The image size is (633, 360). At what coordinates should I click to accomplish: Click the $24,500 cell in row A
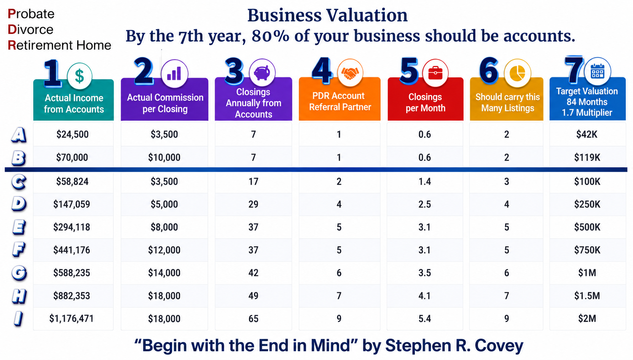pyautogui.click(x=72, y=134)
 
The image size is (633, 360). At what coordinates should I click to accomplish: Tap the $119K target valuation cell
pyautogui.click(x=587, y=158)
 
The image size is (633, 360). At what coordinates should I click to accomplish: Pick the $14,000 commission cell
pyautogui.click(x=164, y=273)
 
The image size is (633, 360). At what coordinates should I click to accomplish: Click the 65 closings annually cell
pyautogui.click(x=253, y=319)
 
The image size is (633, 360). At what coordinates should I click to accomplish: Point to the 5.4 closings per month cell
pyautogui.click(x=424, y=319)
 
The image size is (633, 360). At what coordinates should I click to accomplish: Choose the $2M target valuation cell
pyautogui.click(x=587, y=319)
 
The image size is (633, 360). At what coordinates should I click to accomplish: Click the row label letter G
pyautogui.click(x=19, y=273)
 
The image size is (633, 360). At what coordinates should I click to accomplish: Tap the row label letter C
pyautogui.click(x=19, y=182)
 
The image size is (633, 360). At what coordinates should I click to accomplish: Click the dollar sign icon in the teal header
pyautogui.click(x=80, y=76)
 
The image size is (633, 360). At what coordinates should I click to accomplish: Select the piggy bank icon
pyautogui.click(x=262, y=72)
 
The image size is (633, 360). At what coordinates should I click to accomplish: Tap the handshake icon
pyautogui.click(x=350, y=73)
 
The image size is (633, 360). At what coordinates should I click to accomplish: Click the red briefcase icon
pyautogui.click(x=435, y=73)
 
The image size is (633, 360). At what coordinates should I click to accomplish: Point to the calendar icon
pyautogui.click(x=597, y=72)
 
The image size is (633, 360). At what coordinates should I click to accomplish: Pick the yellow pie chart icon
pyautogui.click(x=517, y=73)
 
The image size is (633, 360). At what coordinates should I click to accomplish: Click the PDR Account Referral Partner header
pyautogui.click(x=340, y=101)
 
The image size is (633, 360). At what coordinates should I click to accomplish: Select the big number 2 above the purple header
pyautogui.click(x=144, y=71)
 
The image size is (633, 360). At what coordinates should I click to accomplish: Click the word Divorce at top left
pyautogui.click(x=30, y=29)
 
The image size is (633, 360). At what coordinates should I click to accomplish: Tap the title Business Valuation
pyautogui.click(x=327, y=15)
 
